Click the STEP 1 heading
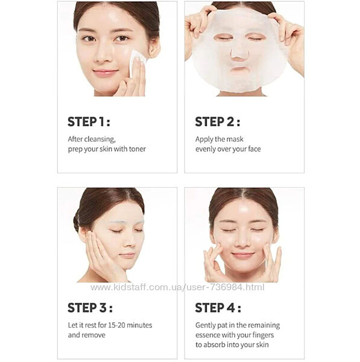click(89, 122)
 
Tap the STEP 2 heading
click(217, 122)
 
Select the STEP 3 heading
click(90, 308)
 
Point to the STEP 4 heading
click(218, 308)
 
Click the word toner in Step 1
click(137, 149)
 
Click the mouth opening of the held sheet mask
click(240, 69)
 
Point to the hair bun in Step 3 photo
click(76, 221)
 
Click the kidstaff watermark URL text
click(177, 287)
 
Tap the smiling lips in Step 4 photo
click(243, 255)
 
